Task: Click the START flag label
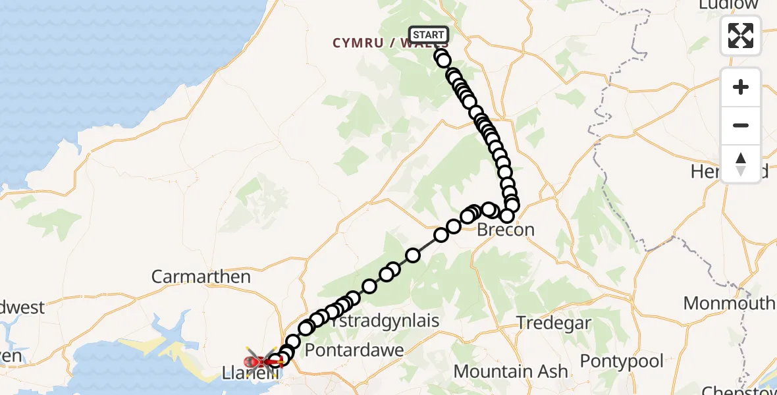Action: coord(429,34)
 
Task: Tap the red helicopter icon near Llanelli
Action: coord(262,361)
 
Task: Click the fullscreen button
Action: coord(741,35)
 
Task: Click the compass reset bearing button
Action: coord(741,163)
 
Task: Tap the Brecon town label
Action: coord(505,230)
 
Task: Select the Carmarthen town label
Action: coord(201,276)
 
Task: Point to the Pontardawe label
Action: coord(354,350)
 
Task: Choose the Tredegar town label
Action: coord(554,324)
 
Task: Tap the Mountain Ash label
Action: coord(510,371)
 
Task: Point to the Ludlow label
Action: coord(728,5)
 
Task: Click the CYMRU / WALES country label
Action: coord(382,43)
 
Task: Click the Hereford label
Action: coord(705,172)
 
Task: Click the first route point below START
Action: coord(441,56)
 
